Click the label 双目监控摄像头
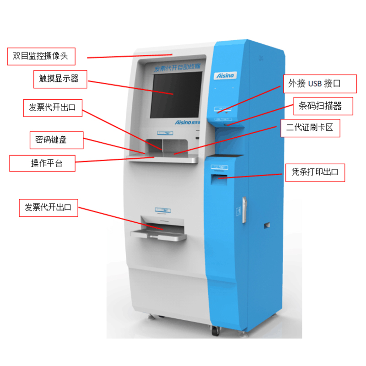(41, 56)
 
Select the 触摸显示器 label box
(56, 79)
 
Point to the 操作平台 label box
(43, 163)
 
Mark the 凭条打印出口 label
(315, 172)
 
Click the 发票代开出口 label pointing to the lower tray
(48, 207)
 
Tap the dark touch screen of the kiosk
(177, 94)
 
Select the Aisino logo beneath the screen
(185, 123)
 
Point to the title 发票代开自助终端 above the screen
(176, 68)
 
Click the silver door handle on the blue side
(244, 210)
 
